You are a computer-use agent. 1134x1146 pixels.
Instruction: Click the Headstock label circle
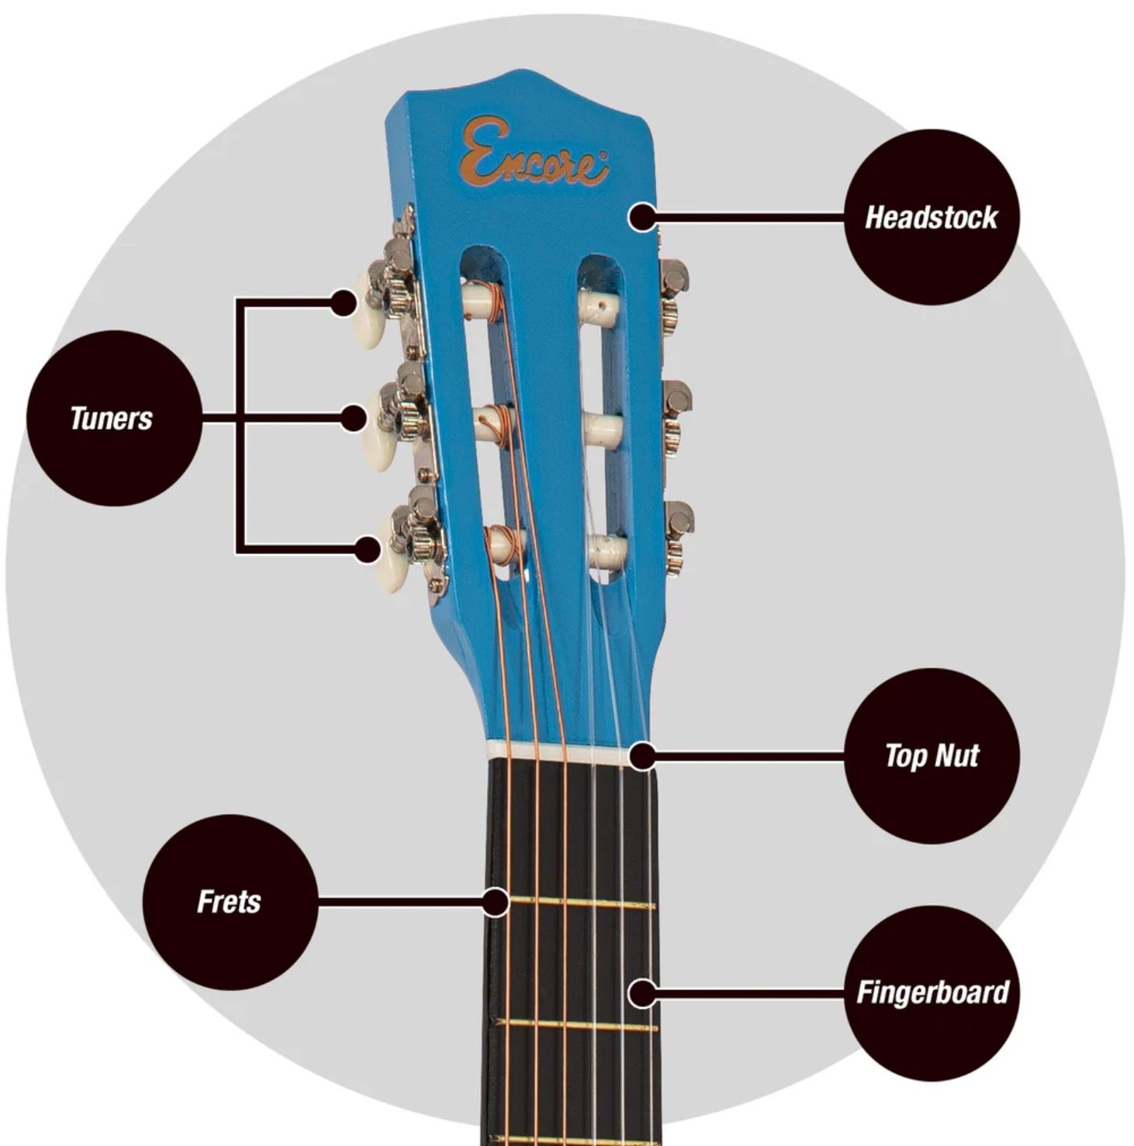tap(931, 217)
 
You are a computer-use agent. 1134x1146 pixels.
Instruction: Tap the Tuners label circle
tap(114, 419)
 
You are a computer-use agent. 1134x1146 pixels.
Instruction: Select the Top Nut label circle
tap(931, 756)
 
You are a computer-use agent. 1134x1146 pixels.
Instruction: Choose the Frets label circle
tap(230, 902)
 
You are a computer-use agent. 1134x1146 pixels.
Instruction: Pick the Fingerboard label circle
tap(931, 993)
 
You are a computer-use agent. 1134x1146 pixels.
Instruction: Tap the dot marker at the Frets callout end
tap(495, 902)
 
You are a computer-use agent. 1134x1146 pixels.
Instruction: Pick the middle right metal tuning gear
tap(675, 416)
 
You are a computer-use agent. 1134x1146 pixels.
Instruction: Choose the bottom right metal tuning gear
tap(678, 537)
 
